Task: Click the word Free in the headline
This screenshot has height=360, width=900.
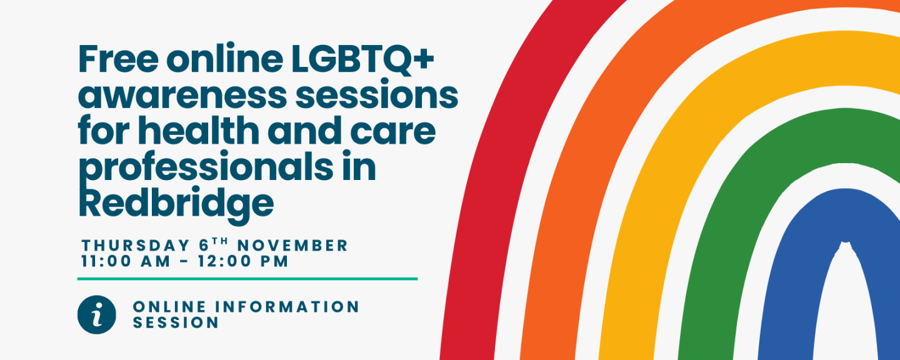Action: pos(119,59)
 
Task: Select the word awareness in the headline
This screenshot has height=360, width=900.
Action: pos(182,96)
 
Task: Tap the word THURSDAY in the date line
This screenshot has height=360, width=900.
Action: pos(136,246)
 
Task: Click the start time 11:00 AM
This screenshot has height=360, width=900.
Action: pos(126,261)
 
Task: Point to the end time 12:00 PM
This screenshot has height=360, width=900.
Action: pos(243,261)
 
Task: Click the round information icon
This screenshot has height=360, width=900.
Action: pos(97,314)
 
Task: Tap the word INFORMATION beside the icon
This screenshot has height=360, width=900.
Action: pos(287,307)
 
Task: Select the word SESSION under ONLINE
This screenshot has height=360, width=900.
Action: pos(176,322)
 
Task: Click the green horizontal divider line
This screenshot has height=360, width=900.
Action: pos(247,279)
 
